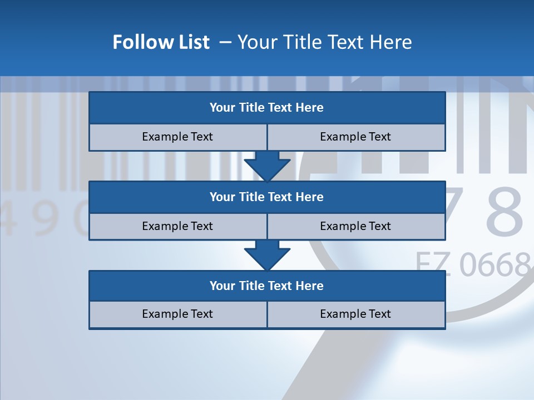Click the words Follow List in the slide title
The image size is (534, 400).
point(161,42)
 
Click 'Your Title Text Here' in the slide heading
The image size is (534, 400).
point(324,42)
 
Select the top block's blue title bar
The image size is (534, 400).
point(267,108)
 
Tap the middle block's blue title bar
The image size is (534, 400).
point(267,197)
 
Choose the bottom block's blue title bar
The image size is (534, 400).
point(267,286)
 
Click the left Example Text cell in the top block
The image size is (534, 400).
point(177,137)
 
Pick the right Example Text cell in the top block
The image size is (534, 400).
point(355,137)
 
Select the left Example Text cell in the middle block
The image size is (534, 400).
point(177,226)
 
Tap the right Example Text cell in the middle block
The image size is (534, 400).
point(355,226)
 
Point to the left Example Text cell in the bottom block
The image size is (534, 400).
point(177,314)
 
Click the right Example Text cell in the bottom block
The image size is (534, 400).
point(355,314)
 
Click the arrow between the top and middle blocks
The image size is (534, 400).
point(267,166)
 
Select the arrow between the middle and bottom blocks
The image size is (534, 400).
point(267,255)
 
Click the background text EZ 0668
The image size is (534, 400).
point(473,264)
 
